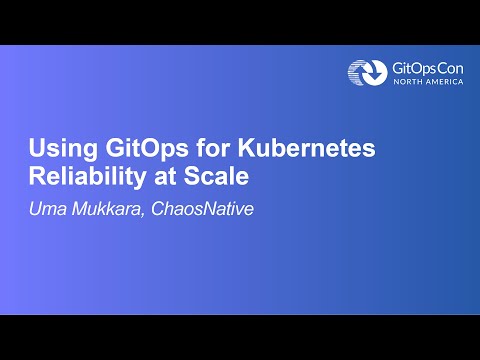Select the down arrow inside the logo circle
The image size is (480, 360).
coord(368,73)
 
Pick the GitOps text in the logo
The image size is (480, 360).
coord(408,66)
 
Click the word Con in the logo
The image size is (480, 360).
coord(449,66)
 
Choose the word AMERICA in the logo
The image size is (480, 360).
coord(444,82)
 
